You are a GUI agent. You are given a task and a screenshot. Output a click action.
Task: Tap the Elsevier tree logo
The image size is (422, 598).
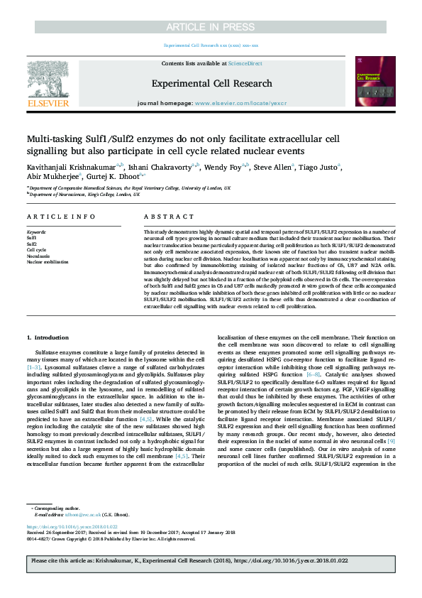[x=48, y=80]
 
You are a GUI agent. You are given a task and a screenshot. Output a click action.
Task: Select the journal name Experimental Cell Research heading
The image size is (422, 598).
[x=211, y=83]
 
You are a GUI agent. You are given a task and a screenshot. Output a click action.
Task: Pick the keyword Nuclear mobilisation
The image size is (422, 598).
[x=47, y=262]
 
